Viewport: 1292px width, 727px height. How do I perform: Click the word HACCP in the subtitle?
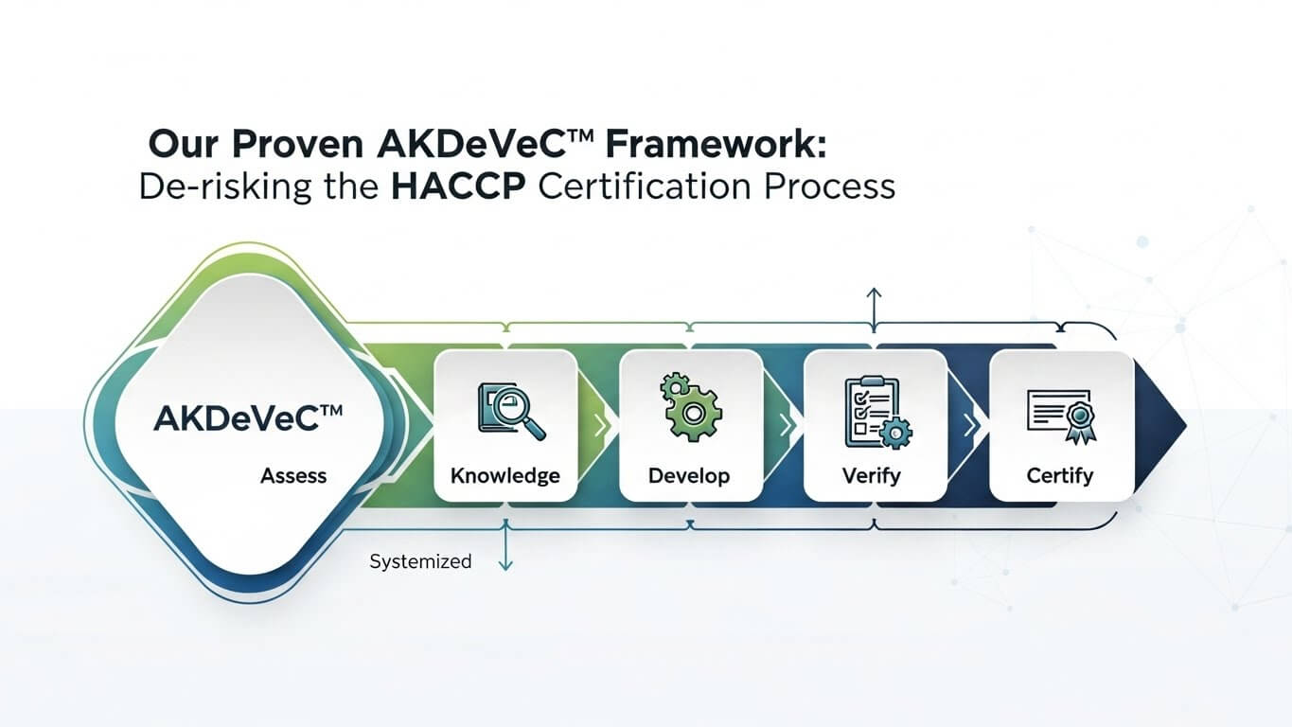point(458,186)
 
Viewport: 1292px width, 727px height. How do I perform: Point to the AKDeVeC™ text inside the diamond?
point(249,417)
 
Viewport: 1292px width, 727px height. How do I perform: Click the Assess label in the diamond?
point(293,475)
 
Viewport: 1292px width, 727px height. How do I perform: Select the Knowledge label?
point(504,475)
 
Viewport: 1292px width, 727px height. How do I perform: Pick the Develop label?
point(689,475)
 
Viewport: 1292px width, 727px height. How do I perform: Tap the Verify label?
point(872,475)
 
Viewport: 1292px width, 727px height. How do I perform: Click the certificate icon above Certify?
point(1059,415)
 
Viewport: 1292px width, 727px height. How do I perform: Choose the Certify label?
point(1059,475)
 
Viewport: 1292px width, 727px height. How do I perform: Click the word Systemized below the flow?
point(420,561)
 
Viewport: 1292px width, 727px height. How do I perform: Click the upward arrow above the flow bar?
point(874,306)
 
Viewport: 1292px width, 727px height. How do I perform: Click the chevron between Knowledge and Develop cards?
point(599,426)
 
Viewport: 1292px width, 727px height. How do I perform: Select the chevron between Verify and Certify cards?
point(968,426)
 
